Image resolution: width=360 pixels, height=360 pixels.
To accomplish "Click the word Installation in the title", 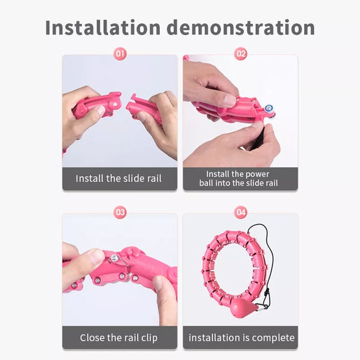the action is click(x=103, y=27).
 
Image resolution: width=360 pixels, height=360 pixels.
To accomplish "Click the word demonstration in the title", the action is click(x=240, y=27).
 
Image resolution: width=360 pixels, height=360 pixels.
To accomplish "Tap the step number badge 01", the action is click(x=120, y=54).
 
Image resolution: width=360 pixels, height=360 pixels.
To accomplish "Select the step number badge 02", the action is click(x=240, y=54).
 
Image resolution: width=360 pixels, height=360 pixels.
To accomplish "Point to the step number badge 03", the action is click(x=120, y=212).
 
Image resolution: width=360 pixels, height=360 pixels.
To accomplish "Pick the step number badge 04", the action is click(x=240, y=212).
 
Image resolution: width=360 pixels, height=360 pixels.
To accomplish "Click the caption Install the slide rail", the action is click(x=118, y=179).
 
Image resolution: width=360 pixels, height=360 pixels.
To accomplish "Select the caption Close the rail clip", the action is click(x=119, y=338).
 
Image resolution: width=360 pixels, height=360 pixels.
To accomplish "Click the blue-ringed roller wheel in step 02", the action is click(x=268, y=109).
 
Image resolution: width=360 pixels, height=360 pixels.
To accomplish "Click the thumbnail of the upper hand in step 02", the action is click(x=229, y=101).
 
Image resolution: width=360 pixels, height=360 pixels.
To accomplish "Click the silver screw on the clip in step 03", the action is click(x=114, y=259).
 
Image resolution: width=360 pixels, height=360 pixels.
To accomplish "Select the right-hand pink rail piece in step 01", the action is click(x=145, y=109).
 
